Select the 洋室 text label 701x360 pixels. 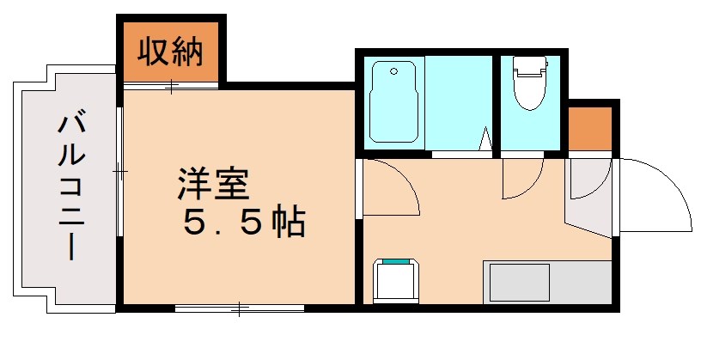click(x=214, y=183)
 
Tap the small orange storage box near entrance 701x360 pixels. click(x=590, y=127)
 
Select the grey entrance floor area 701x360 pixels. click(x=588, y=193)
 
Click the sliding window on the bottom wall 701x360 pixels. click(x=239, y=307)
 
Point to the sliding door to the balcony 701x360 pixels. click(x=119, y=172)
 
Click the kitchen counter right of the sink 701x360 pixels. click(x=581, y=282)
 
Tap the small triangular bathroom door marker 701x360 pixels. click(x=485, y=139)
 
